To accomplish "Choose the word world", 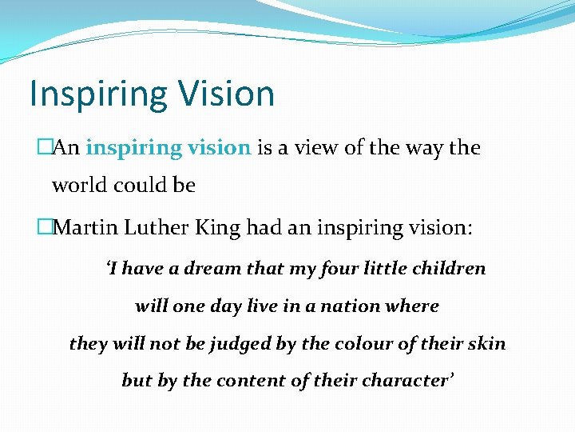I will click(x=77, y=186).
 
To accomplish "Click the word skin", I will click(x=487, y=344).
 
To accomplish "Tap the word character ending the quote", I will click(x=405, y=381).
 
